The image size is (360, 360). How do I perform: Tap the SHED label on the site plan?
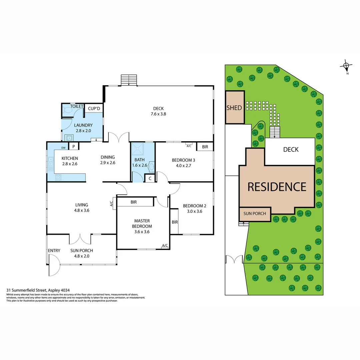click(234, 108)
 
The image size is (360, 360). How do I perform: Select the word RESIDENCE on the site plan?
click(277, 187)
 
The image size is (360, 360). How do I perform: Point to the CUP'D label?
click(94, 109)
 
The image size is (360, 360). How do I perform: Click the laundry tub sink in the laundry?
click(69, 137)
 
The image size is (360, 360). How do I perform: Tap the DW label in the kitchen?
click(63, 148)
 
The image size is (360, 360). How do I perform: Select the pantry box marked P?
click(73, 147)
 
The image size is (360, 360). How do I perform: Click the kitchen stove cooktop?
click(58, 178)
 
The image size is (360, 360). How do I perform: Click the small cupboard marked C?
click(150, 179)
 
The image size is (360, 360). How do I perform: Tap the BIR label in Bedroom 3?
click(205, 146)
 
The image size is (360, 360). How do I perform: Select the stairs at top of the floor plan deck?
click(129, 80)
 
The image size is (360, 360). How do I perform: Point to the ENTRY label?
click(54, 251)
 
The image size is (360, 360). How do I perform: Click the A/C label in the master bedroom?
click(165, 246)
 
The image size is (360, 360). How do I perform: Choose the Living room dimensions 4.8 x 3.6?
click(82, 210)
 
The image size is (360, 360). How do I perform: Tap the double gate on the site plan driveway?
click(234, 259)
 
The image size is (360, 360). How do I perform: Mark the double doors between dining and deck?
click(119, 137)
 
